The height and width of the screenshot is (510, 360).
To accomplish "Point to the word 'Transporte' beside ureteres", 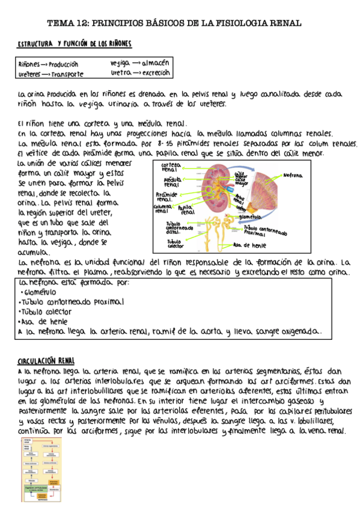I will click(67, 75).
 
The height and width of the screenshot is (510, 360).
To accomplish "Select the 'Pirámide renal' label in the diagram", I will click(166, 197).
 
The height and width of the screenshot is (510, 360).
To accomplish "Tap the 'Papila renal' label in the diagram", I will click(187, 209).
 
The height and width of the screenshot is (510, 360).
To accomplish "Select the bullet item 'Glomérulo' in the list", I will click(43, 292).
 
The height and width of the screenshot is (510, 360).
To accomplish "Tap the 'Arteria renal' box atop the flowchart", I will click(28, 441).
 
